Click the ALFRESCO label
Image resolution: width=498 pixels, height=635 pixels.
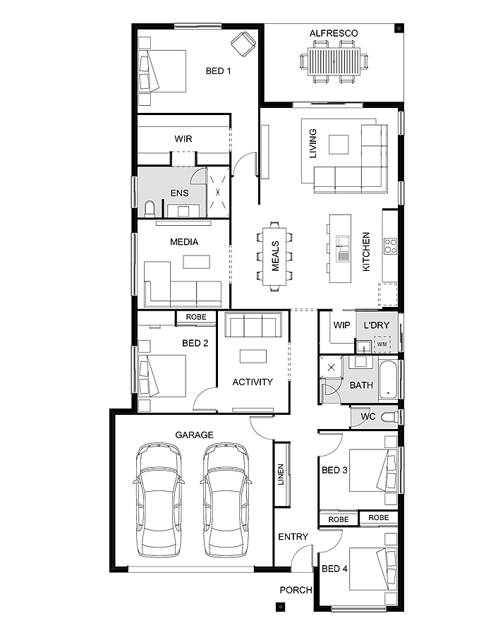pos(334,33)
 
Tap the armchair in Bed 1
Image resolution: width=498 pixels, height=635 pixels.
pos(243,44)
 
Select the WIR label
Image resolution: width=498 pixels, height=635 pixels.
pos(183,139)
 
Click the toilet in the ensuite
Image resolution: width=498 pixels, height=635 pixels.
pos(150,209)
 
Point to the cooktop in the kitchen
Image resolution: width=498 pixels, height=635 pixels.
pos(390,246)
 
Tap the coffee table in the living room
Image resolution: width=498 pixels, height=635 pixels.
pos(339,145)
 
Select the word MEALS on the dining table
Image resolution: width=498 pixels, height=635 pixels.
pos(275,256)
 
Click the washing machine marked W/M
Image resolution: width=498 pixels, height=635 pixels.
pos(382,344)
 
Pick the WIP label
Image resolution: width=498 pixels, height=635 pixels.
pos(341,325)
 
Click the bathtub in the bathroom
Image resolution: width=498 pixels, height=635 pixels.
pos(388,380)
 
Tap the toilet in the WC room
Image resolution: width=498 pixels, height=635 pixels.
pos(389,417)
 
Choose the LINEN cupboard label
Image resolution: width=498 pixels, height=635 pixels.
pos(281,474)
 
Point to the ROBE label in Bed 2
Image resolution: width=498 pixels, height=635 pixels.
pos(196,317)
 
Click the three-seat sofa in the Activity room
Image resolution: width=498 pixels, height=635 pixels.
pos(253,325)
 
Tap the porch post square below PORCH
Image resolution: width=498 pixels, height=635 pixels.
pos(281,607)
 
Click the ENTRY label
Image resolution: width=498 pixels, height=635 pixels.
pos(293,537)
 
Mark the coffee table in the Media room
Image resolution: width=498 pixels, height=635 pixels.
pos(196,262)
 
